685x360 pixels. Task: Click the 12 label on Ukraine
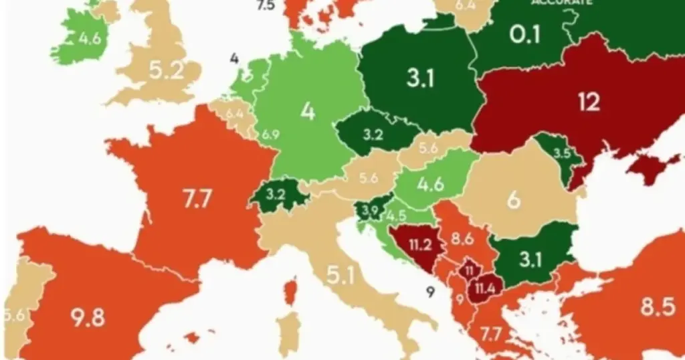589,102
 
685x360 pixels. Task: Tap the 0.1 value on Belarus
525,34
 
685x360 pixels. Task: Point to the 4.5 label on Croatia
395,216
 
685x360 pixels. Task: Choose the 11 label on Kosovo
469,271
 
